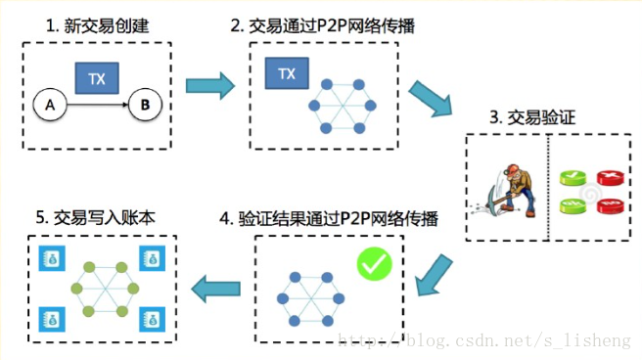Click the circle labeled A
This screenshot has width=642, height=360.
[x=44, y=102]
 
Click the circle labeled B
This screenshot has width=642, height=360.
[x=145, y=102]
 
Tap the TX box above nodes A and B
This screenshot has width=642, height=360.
[x=95, y=76]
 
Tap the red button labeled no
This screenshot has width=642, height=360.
[x=611, y=205]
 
